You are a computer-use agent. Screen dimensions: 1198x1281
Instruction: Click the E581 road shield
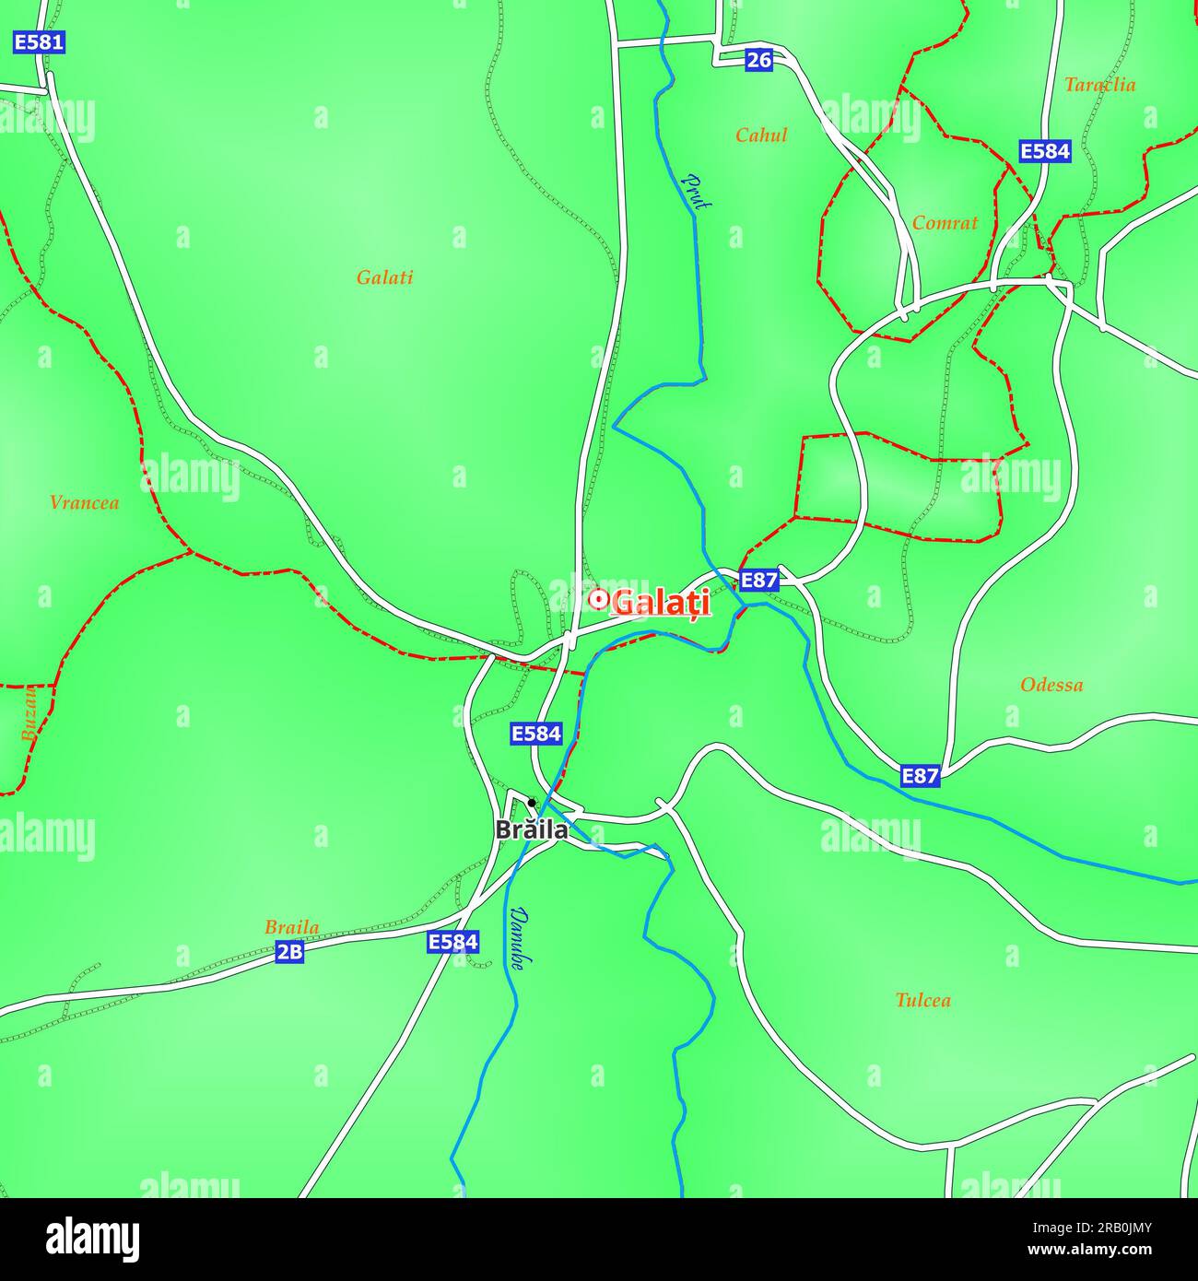pyautogui.click(x=39, y=42)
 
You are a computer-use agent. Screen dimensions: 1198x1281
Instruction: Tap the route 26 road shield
pyautogui.click(x=758, y=61)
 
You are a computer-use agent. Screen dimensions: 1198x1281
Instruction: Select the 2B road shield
pyautogui.click(x=289, y=952)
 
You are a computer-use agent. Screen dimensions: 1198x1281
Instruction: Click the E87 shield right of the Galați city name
pyautogui.click(x=758, y=581)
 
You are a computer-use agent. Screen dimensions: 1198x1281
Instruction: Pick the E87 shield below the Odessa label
pyautogui.click(x=920, y=776)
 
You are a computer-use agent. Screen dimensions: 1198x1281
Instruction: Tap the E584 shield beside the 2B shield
pyautogui.click(x=453, y=942)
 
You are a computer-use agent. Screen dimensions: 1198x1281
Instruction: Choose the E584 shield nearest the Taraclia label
pyautogui.click(x=1045, y=151)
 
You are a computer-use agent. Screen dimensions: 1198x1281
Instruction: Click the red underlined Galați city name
pyautogui.click(x=661, y=603)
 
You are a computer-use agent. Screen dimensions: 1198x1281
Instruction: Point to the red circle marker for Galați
pyautogui.click(x=598, y=600)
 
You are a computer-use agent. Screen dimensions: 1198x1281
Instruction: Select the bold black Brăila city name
pyautogui.click(x=532, y=829)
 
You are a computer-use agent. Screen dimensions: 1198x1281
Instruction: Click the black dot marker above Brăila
pyautogui.click(x=532, y=803)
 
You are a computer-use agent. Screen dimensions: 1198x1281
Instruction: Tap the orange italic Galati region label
pyautogui.click(x=384, y=277)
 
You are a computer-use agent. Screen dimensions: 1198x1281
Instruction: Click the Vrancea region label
pyautogui.click(x=84, y=503)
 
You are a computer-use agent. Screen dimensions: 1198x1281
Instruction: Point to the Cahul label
pyautogui.click(x=761, y=135)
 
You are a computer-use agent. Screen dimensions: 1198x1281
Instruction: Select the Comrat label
pyautogui.click(x=945, y=223)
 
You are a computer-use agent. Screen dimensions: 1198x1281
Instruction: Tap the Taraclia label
pyautogui.click(x=1099, y=85)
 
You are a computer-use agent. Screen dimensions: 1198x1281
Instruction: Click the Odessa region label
pyautogui.click(x=1051, y=685)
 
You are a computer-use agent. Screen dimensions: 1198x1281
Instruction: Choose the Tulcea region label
pyautogui.click(x=922, y=1000)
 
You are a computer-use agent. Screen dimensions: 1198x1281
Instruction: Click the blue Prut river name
pyautogui.click(x=696, y=192)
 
